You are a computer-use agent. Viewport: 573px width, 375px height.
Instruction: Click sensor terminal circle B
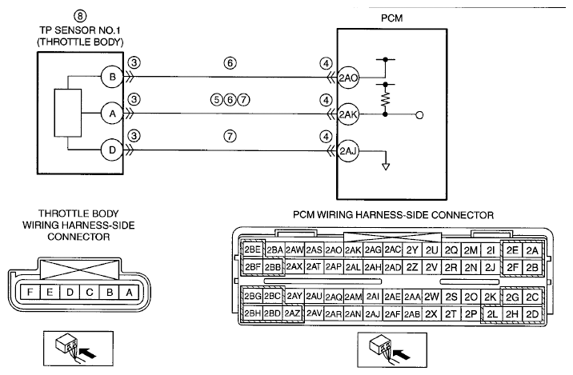tap(112, 77)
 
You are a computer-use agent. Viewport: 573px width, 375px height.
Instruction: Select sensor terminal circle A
tap(112, 114)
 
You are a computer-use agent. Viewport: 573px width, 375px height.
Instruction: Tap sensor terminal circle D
tap(112, 150)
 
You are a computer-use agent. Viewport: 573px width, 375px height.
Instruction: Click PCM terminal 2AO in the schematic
tap(348, 78)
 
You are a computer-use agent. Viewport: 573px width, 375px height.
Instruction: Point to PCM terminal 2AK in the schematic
tap(348, 114)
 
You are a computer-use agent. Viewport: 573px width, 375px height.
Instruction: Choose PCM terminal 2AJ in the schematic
tap(348, 151)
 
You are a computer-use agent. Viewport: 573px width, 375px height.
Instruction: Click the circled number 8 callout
tap(80, 16)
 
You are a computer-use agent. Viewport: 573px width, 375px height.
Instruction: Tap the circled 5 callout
tap(217, 100)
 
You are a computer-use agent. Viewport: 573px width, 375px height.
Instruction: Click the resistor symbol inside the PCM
tap(385, 99)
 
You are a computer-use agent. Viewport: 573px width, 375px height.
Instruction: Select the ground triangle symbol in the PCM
tap(386, 166)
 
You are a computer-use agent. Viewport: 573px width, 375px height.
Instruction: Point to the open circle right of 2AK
tap(419, 115)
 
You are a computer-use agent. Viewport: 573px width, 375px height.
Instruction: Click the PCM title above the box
tap(392, 18)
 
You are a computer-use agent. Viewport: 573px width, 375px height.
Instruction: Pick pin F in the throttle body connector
tap(30, 292)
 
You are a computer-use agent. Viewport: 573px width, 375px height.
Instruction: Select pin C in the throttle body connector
tap(90, 292)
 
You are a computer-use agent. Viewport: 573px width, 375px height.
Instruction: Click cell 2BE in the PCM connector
tap(253, 249)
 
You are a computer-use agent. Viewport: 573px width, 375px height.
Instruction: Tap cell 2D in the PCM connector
tap(532, 314)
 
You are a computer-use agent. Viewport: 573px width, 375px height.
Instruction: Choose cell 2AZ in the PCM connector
tap(292, 313)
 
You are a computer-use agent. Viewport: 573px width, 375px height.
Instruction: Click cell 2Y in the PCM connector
tap(412, 250)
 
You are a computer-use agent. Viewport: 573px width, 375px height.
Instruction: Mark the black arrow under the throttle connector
tap(88, 353)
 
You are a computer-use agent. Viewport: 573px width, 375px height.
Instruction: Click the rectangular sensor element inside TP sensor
tap(68, 113)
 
